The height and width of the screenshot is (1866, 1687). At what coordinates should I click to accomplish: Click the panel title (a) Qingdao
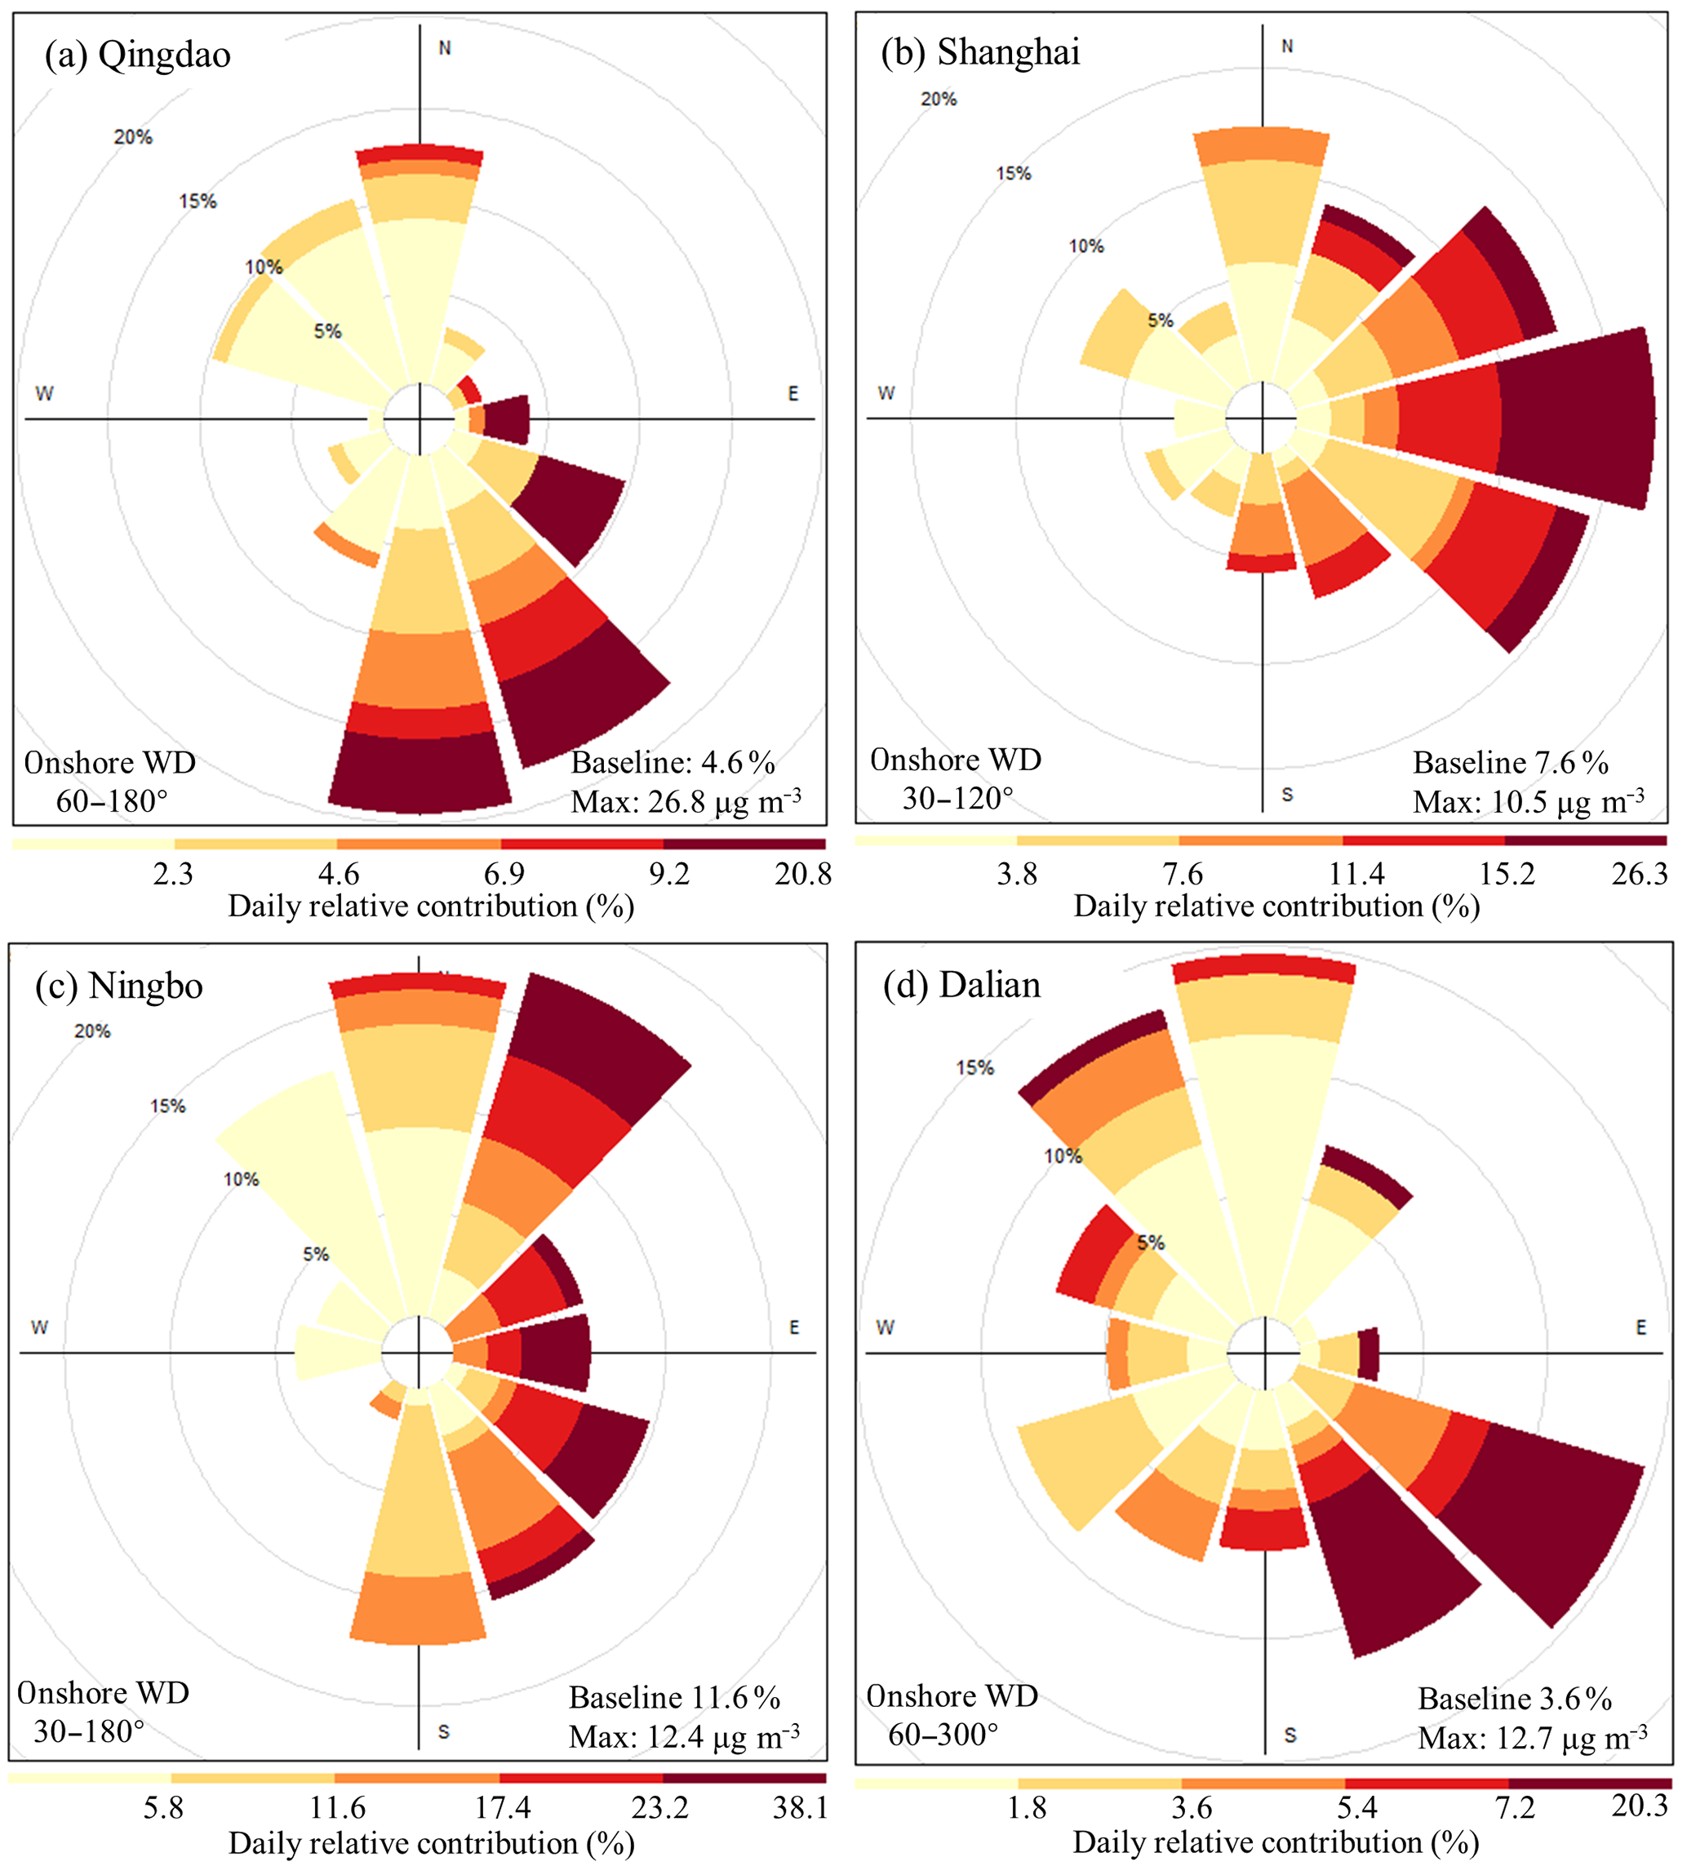tap(138, 55)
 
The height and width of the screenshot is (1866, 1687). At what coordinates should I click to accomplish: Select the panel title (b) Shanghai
tap(980, 53)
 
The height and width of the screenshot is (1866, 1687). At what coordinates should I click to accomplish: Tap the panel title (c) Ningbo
tap(119, 986)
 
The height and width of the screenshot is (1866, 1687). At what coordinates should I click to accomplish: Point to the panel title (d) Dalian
tap(962, 985)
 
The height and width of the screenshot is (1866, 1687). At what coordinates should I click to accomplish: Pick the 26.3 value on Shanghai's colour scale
tap(1639, 875)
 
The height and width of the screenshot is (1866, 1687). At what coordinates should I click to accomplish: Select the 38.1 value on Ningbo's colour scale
tap(800, 1808)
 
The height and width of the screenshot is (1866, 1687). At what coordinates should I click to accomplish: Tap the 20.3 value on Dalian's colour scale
tap(1639, 1806)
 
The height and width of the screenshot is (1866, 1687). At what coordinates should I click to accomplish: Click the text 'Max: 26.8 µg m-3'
tap(686, 801)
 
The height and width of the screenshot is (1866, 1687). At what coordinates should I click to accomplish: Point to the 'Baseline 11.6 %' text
tap(675, 1698)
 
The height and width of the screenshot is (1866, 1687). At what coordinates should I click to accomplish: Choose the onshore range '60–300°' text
tap(943, 1735)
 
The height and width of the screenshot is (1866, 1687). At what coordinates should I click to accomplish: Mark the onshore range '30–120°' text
tap(958, 798)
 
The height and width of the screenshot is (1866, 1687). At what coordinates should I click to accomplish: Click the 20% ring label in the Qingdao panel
tap(133, 138)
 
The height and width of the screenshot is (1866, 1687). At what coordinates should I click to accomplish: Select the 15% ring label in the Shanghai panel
tap(1013, 174)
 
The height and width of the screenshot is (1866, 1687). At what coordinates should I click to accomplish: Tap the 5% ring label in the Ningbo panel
tap(316, 1255)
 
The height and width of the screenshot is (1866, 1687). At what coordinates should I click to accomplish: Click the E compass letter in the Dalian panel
tap(1640, 1328)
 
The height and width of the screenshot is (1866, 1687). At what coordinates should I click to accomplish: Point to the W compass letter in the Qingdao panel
tap(43, 394)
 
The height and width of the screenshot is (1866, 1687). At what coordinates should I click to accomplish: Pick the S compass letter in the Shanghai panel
tap(1287, 795)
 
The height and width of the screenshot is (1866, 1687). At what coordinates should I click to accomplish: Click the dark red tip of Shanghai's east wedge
tap(1574, 419)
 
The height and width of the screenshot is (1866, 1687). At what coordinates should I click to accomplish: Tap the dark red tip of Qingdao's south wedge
tap(420, 773)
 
